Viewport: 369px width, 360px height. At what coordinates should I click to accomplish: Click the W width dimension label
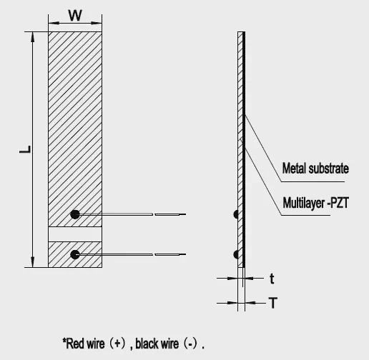point(75,16)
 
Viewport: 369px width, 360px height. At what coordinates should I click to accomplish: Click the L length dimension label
point(25,149)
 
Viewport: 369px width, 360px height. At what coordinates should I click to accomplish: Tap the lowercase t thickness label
point(272,279)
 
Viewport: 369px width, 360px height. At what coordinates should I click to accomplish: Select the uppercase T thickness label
point(273,303)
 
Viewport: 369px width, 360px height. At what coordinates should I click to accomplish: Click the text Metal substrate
point(315,169)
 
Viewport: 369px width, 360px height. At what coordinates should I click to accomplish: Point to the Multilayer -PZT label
point(315,203)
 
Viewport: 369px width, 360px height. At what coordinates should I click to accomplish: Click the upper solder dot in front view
point(75,214)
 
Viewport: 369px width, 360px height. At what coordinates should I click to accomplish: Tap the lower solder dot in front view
point(75,254)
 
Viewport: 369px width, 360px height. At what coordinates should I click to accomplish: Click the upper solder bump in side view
point(236,214)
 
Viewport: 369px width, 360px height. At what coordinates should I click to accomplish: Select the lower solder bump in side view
point(236,254)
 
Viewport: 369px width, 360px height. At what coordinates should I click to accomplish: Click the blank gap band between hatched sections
point(75,234)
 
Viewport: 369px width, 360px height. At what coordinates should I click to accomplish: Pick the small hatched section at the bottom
point(75,254)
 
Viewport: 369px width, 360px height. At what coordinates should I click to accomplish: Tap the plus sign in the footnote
point(117,344)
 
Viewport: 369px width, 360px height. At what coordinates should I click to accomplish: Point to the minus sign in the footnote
point(191,344)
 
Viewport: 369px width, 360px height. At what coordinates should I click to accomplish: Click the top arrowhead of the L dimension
point(33,36)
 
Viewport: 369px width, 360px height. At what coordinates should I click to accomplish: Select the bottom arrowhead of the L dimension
point(33,262)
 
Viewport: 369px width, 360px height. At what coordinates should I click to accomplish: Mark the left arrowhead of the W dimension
point(54,23)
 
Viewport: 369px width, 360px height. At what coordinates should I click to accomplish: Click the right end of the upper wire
point(185,214)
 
